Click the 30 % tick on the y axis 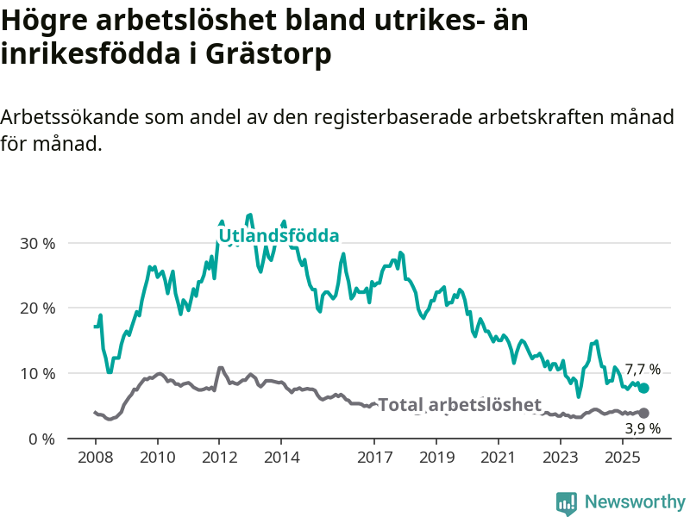37,243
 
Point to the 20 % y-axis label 37,308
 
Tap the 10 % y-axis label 37,374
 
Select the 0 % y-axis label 41,439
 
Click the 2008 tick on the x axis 95,455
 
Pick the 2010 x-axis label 157,455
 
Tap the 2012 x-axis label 219,455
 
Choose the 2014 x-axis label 281,455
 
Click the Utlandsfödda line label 279,236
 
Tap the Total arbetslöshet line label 460,405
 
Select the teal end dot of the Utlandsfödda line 643,389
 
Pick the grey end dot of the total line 643,414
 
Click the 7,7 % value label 643,370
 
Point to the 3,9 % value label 643,428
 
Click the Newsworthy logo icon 567,502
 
